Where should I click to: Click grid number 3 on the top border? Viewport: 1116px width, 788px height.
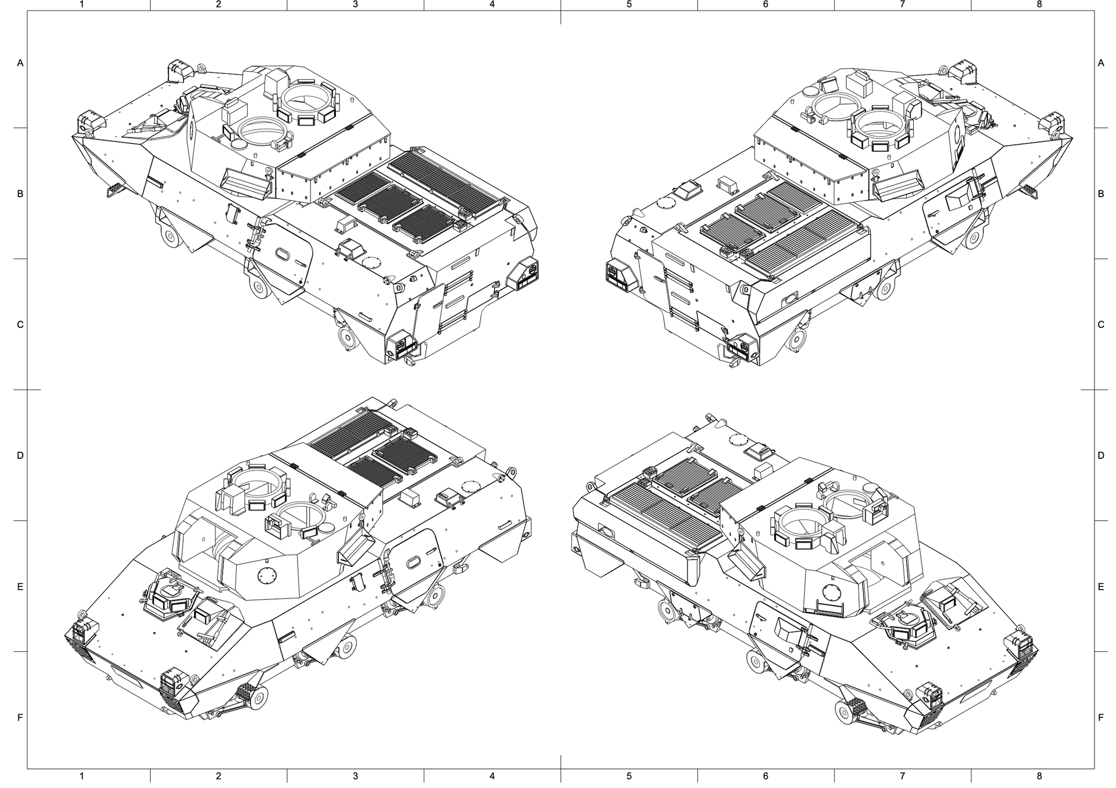pos(355,4)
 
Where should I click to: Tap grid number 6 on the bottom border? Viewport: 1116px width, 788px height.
pos(766,776)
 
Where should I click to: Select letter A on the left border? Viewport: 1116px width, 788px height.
pos(20,63)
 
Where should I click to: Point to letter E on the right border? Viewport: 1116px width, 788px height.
pos(1101,587)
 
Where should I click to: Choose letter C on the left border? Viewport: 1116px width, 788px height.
pos(20,325)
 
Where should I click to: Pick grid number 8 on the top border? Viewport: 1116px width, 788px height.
pos(1039,4)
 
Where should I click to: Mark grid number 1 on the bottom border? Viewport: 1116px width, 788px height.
pos(82,776)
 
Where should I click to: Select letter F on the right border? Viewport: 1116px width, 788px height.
pos(1101,718)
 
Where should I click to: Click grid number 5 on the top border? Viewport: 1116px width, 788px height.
pos(629,4)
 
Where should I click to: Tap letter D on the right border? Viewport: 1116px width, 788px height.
pos(1101,455)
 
